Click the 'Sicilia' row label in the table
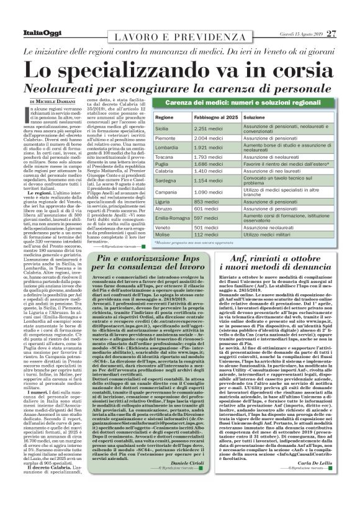164,127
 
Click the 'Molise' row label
164,235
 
